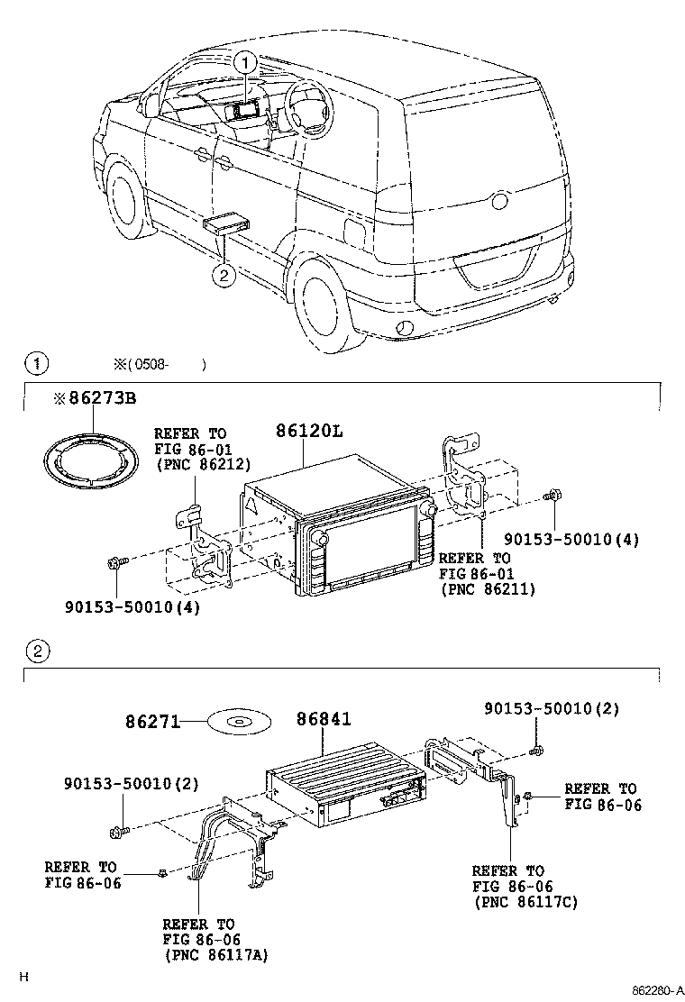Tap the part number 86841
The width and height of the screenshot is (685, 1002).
pyautogui.click(x=324, y=719)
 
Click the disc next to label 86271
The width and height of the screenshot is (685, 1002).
pyautogui.click(x=238, y=722)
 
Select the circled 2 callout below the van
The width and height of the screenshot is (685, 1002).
pyautogui.click(x=224, y=275)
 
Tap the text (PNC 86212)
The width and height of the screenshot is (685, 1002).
pyautogui.click(x=202, y=465)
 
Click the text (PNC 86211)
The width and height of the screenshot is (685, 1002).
pyautogui.click(x=487, y=589)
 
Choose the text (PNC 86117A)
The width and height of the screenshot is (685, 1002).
pyautogui.click(x=215, y=955)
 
